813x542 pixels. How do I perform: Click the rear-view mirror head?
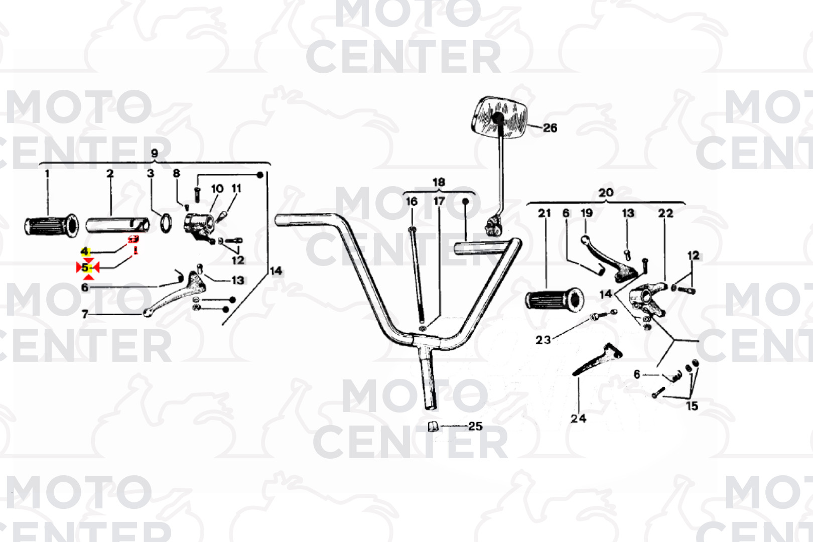click(500, 117)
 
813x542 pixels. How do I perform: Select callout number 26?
click(550, 128)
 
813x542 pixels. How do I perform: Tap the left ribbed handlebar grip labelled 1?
click(51, 226)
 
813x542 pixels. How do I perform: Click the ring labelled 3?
click(166, 223)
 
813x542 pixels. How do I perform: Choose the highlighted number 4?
click(85, 251)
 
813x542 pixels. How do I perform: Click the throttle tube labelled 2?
click(117, 225)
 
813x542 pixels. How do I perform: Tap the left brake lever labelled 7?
click(175, 294)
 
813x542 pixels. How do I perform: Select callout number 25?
click(475, 426)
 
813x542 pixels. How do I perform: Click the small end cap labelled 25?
click(433, 427)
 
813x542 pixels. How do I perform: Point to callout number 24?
click(578, 419)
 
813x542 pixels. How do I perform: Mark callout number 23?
click(543, 340)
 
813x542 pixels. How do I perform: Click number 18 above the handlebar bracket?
click(439, 182)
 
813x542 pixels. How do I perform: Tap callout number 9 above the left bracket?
click(155, 153)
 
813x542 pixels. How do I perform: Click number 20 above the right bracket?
click(606, 192)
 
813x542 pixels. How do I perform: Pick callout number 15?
click(692, 406)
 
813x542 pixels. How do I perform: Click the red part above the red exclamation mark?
click(133, 239)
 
